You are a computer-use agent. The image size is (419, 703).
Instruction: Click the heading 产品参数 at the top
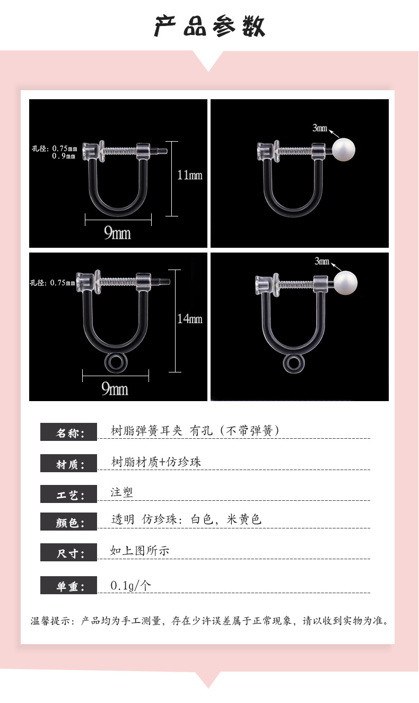point(210,27)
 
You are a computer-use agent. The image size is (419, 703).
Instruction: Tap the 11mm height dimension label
point(190,175)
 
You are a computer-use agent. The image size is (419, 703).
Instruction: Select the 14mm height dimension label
point(190,319)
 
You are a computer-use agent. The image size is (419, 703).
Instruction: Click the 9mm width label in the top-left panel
point(117,233)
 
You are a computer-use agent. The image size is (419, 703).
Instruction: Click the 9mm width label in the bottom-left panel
point(115,389)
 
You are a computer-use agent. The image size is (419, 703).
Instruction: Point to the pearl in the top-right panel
point(343,150)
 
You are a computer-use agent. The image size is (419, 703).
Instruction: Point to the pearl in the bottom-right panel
point(345,282)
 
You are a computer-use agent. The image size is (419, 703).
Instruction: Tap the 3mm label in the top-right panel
point(320,128)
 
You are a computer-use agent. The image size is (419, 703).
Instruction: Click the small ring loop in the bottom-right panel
point(293,363)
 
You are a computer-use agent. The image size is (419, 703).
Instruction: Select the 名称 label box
point(68,432)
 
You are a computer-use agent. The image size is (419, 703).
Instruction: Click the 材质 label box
point(68,463)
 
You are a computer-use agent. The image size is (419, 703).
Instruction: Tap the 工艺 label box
point(68,493)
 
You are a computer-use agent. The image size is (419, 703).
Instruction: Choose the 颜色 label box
point(68,522)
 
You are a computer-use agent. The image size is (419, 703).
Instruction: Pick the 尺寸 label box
point(68,552)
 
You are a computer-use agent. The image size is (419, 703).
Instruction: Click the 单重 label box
point(68,585)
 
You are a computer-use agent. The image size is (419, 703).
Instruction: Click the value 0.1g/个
point(131,585)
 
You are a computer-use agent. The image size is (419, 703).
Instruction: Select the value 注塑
point(121,492)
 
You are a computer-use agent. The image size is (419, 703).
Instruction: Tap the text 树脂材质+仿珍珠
point(156,462)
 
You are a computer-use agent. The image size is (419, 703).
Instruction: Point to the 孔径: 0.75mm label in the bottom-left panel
point(53,283)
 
